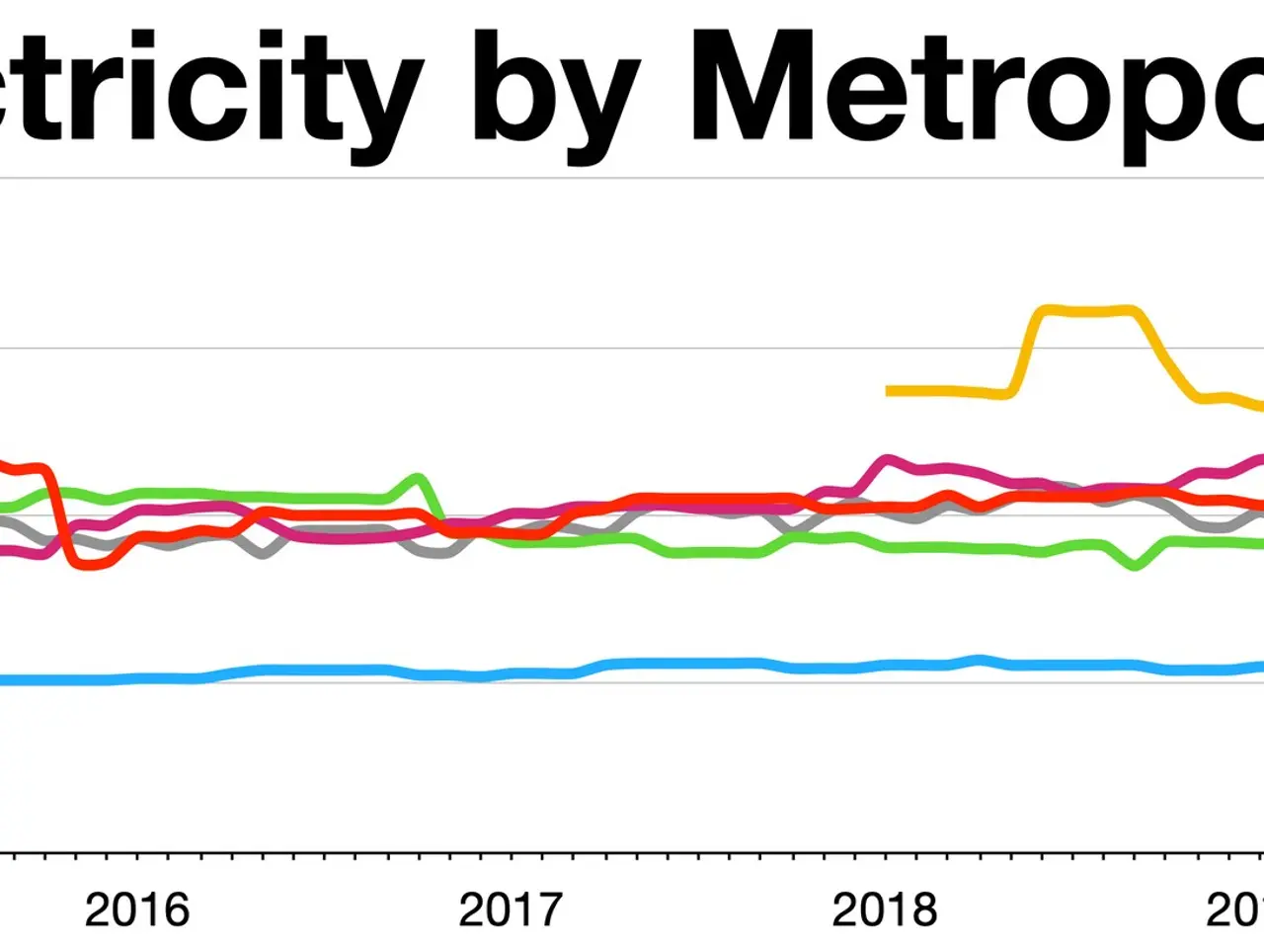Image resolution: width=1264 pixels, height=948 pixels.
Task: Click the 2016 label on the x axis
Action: click(136, 909)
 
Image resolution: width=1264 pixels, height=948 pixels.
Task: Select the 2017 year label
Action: click(510, 909)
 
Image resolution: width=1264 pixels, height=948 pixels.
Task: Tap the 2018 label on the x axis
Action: click(884, 909)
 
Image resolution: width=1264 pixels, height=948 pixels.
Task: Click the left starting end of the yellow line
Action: click(890, 391)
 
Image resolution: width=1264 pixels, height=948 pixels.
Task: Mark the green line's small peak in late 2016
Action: click(419, 479)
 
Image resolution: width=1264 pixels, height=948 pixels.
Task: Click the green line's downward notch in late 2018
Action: click(1136, 565)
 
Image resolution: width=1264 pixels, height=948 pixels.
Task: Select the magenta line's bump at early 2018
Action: click(887, 460)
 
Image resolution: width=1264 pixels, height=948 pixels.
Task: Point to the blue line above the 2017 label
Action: click(510, 673)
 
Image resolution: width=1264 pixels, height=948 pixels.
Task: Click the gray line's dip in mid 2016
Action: click(262, 551)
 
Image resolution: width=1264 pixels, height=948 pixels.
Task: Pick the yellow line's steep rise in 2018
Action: click(1025, 351)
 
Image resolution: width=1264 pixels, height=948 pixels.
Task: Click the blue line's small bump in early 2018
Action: click(979, 659)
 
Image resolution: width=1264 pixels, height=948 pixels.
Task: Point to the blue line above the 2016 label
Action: click(136, 678)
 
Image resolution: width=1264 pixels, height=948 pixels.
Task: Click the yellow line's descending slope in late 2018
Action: click(1170, 360)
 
